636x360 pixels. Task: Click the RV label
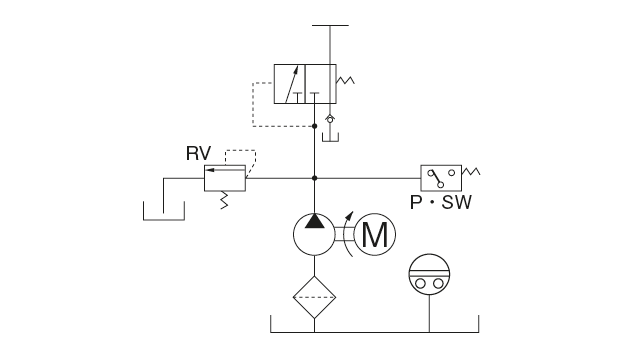click(197, 154)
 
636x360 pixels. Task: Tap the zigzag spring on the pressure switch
click(470, 172)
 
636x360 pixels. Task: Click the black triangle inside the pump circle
click(315, 221)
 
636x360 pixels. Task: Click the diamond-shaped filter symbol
click(315, 296)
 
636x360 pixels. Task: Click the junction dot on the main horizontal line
click(315, 179)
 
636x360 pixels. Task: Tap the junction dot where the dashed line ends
click(315, 126)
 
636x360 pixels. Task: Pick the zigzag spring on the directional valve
click(347, 80)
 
